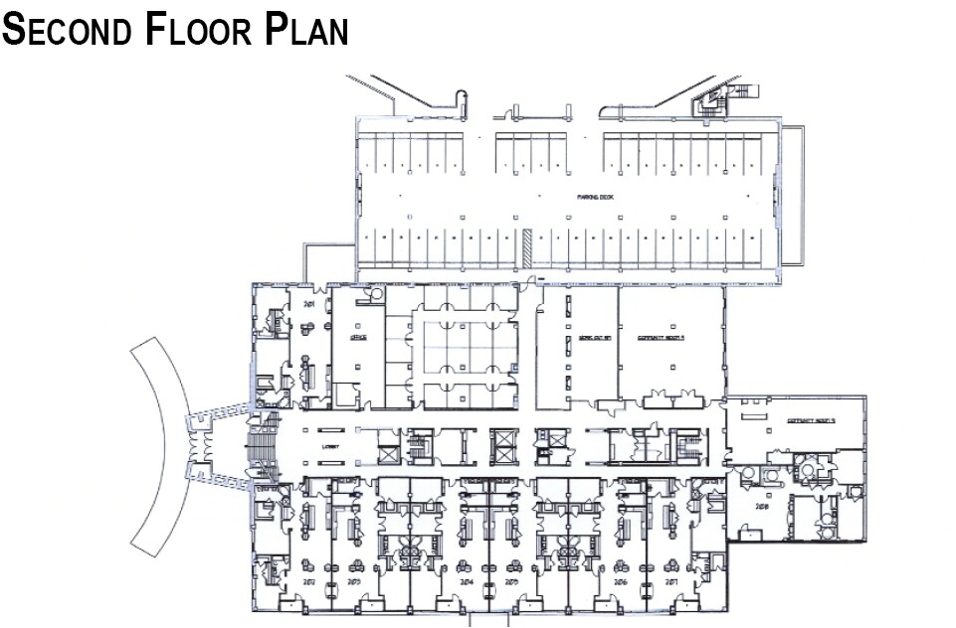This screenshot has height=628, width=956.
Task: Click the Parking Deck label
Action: pos(595,198)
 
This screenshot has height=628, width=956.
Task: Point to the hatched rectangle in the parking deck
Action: pos(526,245)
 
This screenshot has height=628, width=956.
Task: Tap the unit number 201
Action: pos(308,303)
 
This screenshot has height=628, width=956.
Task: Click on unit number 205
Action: pos(511,580)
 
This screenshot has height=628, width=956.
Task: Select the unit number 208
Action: pos(764,507)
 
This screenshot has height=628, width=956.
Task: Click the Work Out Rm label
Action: pos(593,338)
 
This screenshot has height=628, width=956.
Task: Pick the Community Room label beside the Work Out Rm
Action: pos(665,338)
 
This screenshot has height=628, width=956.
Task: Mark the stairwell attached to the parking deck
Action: pos(714,96)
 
